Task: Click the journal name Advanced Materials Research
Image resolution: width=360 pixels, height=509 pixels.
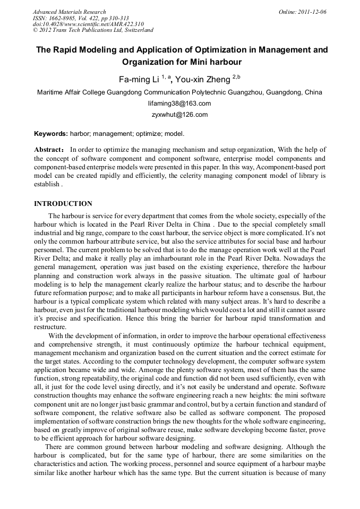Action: pyautogui.click(x=69, y=12)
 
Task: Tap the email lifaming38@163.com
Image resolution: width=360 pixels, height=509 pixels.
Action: pyautogui.click(x=179, y=103)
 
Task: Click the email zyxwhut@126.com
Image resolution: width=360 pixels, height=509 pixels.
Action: pyautogui.click(x=179, y=115)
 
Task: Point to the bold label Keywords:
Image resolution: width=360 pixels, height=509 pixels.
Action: pyautogui.click(x=51, y=134)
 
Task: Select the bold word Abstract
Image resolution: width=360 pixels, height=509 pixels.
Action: pyautogui.click(x=49, y=150)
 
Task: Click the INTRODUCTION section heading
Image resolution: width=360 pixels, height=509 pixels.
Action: pyautogui.click(x=63, y=204)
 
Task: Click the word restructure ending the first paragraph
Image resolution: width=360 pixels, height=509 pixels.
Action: pyautogui.click(x=49, y=327)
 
